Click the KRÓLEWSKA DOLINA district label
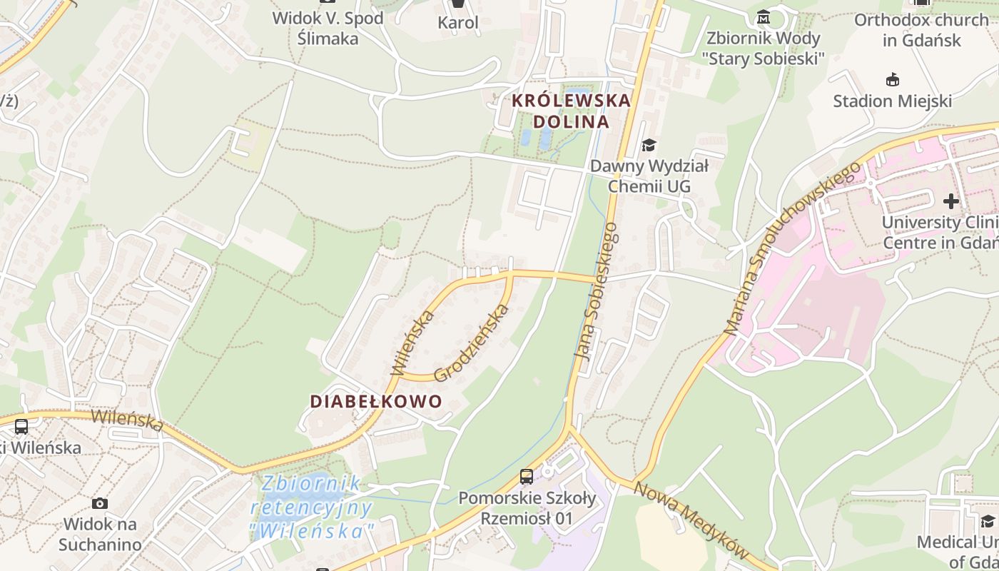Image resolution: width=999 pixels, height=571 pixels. coord(571,111)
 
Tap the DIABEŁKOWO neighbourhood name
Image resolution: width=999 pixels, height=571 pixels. coord(376,401)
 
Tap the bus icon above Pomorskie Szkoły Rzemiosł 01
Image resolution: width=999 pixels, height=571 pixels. coord(527,476)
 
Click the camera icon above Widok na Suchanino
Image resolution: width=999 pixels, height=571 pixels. coord(100,503)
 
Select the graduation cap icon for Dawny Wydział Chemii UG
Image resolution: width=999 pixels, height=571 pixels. coord(648,146)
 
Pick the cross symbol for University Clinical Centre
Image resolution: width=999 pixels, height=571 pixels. coord(950,201)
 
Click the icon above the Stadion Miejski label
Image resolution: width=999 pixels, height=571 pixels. coord(892,79)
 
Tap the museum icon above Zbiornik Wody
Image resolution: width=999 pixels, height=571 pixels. coord(764,16)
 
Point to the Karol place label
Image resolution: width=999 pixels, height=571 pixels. coord(458,22)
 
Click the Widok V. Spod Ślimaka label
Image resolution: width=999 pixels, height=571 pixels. coord(328,28)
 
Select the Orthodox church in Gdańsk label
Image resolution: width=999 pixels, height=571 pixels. coord(921,30)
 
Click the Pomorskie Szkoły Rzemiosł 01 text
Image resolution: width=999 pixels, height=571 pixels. coord(527,507)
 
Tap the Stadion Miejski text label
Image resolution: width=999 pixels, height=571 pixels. coord(892,101)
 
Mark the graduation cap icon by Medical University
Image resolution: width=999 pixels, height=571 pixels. coord(988,521)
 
